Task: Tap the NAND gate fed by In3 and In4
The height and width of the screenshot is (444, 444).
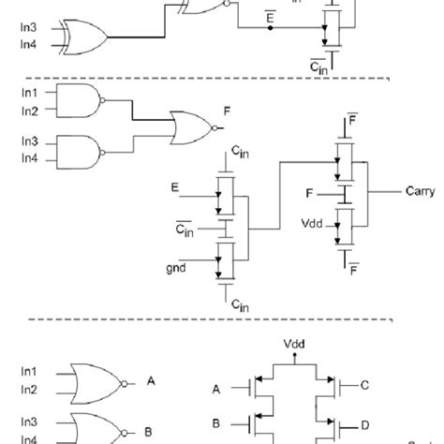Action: tap(78, 151)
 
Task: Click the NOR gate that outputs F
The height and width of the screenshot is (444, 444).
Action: tap(191, 125)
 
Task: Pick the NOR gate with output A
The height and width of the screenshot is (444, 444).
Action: tap(95, 381)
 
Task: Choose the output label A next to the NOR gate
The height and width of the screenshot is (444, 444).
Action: tap(151, 381)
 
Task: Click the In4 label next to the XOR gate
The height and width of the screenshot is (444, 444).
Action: tap(29, 44)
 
